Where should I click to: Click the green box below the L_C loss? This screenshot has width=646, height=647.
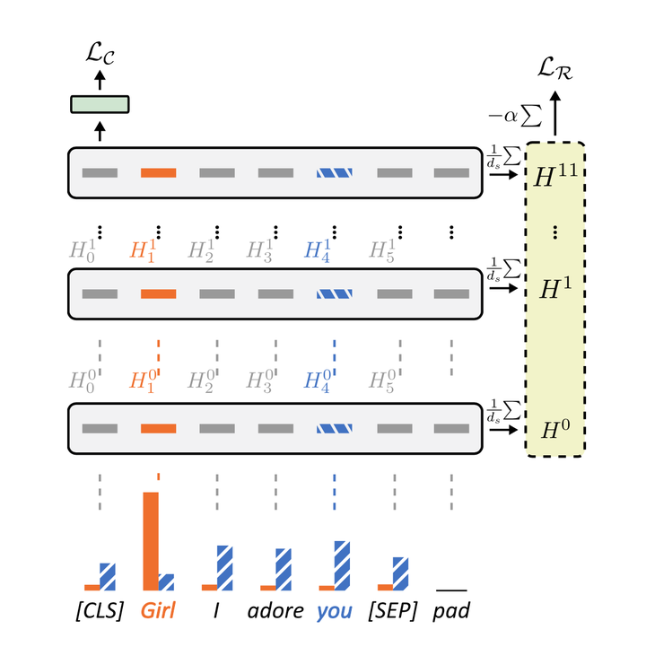point(100,104)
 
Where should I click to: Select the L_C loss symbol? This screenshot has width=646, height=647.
point(100,60)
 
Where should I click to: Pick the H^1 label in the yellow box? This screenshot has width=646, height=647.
point(555,288)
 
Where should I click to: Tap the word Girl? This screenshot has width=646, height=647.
point(158,612)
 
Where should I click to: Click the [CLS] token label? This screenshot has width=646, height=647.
point(100,612)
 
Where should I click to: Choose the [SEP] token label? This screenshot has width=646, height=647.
point(391,612)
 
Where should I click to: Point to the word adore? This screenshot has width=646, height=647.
point(275,612)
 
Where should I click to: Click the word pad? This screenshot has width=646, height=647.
point(450,612)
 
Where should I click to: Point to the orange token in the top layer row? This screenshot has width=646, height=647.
point(158,173)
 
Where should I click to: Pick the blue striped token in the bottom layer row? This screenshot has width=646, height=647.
point(333,428)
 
